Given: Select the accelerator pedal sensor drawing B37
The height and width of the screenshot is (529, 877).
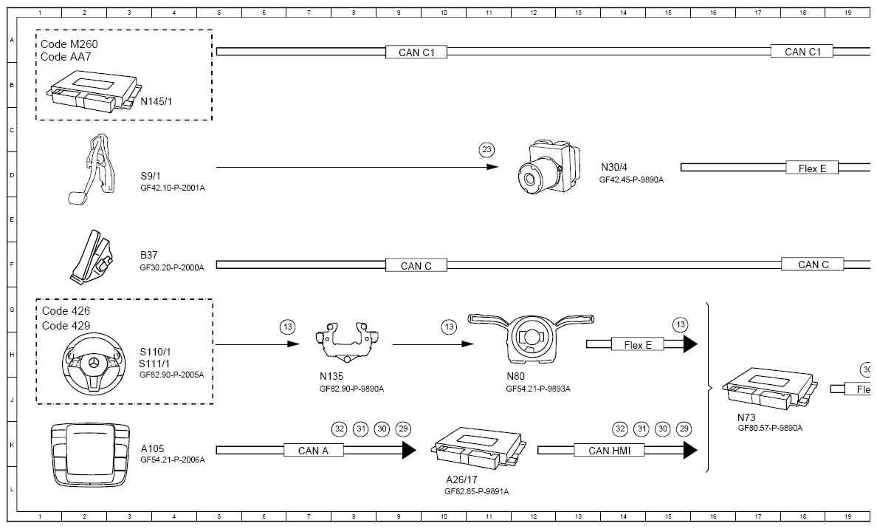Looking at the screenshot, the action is click(91, 255).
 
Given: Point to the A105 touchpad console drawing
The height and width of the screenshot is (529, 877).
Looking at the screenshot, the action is click(91, 454).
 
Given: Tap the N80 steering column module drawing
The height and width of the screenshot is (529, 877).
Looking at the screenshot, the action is click(531, 338).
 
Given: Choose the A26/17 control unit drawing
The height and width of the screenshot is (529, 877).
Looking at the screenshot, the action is click(478, 448).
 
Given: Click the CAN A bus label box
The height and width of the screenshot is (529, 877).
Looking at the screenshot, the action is click(313, 451).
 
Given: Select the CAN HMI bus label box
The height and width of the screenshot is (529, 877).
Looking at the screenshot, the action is click(610, 451).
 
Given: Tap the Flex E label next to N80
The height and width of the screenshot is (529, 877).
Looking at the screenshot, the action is click(638, 345).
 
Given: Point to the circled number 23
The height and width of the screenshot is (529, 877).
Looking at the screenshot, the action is click(486, 149).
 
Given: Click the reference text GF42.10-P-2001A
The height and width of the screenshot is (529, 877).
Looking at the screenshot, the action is click(172, 188).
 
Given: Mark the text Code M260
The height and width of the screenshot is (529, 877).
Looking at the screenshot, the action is click(69, 44).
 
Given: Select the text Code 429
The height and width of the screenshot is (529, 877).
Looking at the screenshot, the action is click(66, 326).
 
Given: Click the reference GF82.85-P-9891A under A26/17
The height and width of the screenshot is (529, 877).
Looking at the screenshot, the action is click(477, 491).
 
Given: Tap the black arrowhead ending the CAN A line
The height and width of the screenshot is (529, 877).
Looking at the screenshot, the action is click(409, 450).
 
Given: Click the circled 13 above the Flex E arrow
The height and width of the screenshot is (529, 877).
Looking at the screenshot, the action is click(680, 324).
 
